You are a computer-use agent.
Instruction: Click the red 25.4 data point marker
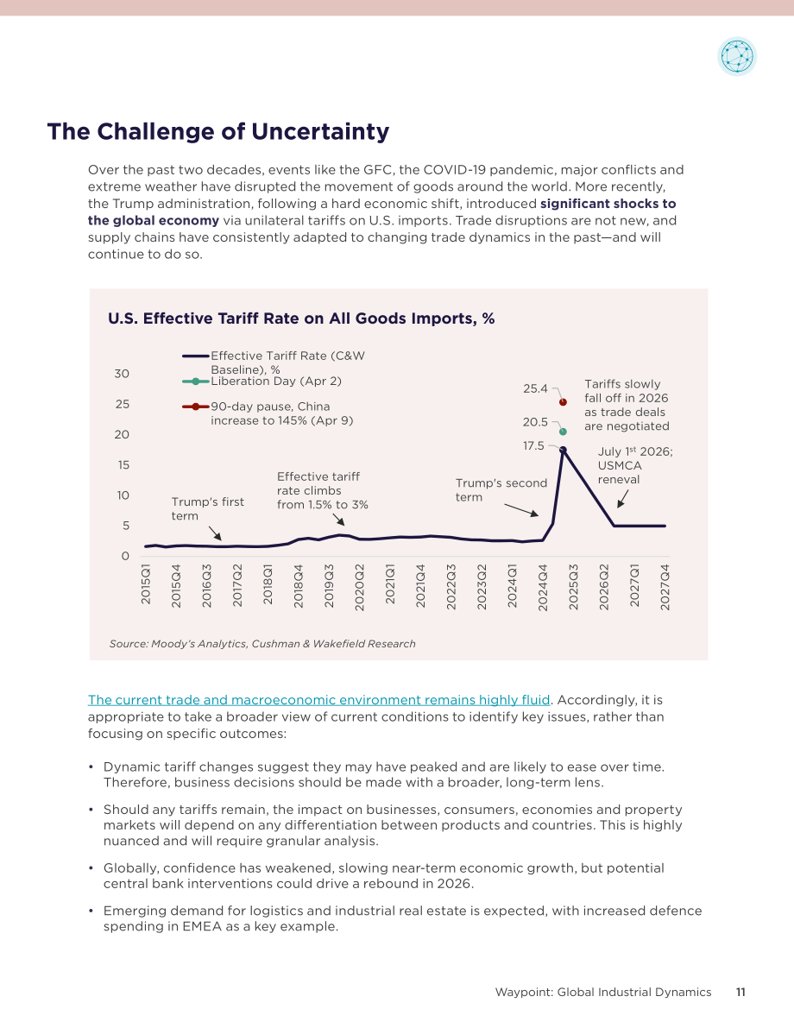point(563,402)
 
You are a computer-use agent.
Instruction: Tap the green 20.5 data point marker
point(563,432)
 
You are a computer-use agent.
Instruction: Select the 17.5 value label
point(533,446)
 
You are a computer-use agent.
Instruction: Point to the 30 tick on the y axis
point(122,374)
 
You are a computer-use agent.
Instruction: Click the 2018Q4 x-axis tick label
point(299,586)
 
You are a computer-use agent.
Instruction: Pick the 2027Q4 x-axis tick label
point(665,587)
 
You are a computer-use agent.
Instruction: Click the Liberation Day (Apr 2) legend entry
point(262,382)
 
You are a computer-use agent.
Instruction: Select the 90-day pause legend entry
point(268,413)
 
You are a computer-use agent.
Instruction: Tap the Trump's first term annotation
point(207,508)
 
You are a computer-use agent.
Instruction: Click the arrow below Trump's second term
point(521,510)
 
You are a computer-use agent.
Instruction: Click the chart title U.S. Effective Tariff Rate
point(301,318)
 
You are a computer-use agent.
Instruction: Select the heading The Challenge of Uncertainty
point(218,131)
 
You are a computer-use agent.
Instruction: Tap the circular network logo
point(737,56)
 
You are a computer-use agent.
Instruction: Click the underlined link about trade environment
point(318,700)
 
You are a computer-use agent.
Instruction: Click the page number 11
point(740,992)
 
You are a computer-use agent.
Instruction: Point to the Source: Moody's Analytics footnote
point(262,644)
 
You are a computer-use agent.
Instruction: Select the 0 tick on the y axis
point(125,556)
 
